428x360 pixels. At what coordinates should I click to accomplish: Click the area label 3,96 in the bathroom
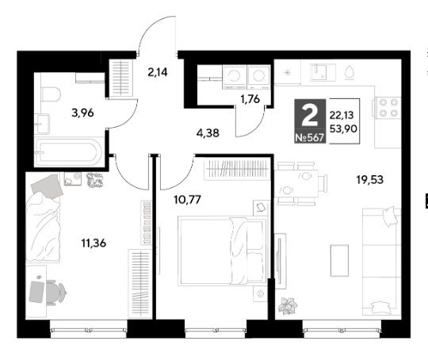tap(82, 113)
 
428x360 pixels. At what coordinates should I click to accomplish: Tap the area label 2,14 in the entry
tap(158, 72)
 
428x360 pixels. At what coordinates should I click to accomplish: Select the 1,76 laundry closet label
tap(250, 99)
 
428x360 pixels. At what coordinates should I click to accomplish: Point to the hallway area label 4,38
tap(208, 133)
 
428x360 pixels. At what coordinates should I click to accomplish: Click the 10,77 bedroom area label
tap(187, 200)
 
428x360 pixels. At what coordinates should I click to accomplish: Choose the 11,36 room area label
tap(94, 243)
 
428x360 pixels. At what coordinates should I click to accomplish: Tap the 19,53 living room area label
tap(370, 180)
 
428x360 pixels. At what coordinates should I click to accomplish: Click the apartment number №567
tap(310, 138)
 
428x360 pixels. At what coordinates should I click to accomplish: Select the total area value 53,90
tap(343, 128)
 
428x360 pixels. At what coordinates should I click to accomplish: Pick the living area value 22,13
tap(342, 115)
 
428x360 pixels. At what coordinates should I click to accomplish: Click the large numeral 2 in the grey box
tap(310, 116)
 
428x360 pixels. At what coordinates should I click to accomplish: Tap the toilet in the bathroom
tap(51, 94)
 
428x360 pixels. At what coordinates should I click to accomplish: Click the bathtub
tap(68, 151)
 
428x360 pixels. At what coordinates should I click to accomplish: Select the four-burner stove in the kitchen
tap(388, 108)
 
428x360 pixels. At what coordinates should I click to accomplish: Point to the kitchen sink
tap(322, 72)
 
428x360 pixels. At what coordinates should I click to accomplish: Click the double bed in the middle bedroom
tap(223, 251)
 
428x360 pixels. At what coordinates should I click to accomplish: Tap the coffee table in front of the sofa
tap(339, 260)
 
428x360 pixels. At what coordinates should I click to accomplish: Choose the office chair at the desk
tap(55, 293)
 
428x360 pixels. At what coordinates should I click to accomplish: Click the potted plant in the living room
tap(288, 305)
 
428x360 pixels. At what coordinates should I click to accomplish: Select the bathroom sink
tap(42, 124)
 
